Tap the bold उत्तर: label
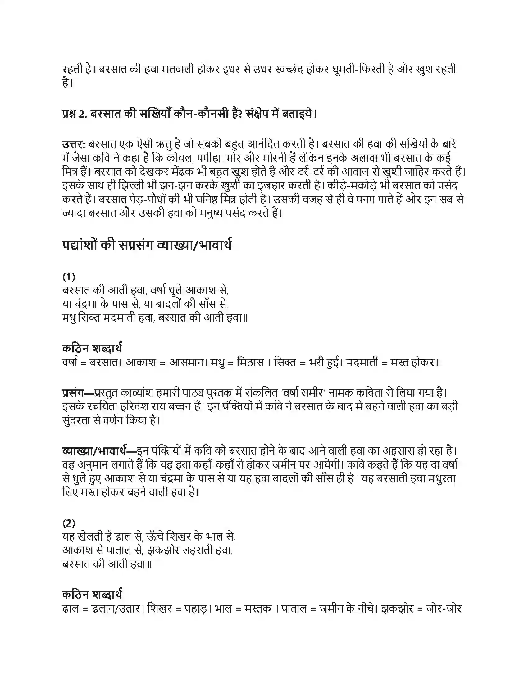point(74,144)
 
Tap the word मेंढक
point(186,172)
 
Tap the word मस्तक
point(258,608)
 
